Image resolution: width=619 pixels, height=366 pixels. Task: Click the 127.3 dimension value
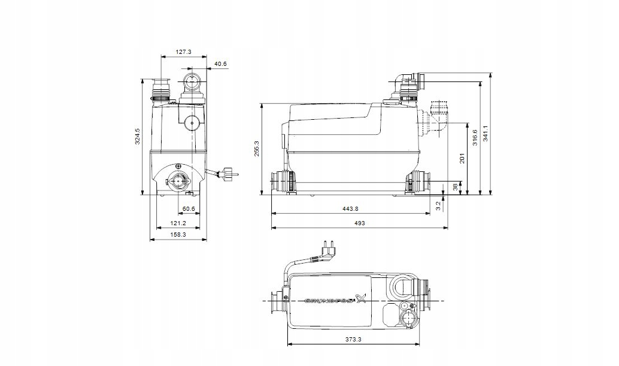[x=184, y=52]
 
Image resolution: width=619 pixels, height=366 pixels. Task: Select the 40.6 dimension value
[x=220, y=63]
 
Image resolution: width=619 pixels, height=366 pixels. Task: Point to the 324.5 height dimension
[x=137, y=137]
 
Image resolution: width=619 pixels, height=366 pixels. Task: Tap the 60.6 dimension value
[x=188, y=209]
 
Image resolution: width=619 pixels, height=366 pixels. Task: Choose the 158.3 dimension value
[x=178, y=235]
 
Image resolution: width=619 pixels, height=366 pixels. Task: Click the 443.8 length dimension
[x=350, y=209]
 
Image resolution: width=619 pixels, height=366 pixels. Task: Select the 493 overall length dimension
[x=359, y=223]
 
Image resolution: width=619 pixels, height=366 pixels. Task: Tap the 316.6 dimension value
[x=475, y=138]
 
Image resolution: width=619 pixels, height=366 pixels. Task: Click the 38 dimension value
[x=455, y=188]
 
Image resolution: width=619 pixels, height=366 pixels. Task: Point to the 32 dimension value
[x=438, y=205]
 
